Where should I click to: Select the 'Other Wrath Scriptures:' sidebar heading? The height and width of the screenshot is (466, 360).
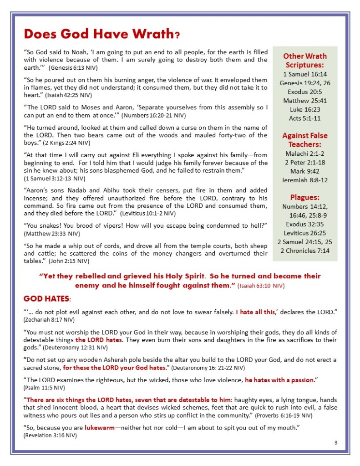tap(304, 60)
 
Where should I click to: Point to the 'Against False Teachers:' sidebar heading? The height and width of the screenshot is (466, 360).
tap(304, 140)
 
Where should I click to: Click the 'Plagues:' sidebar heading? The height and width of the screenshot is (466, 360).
tap(304, 197)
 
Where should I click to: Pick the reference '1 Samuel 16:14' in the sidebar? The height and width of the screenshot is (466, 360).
tap(304, 74)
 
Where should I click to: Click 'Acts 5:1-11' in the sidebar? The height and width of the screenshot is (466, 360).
tap(304, 118)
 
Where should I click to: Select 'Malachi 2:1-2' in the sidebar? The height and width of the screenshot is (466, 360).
tap(304, 154)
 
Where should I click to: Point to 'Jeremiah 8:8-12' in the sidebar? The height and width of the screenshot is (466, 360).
tap(304, 180)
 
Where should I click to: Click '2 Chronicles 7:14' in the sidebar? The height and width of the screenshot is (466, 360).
tap(304, 251)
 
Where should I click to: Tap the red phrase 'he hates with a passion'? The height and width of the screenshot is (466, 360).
tap(279, 379)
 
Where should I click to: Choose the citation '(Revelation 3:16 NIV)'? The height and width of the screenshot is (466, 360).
tap(50, 435)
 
